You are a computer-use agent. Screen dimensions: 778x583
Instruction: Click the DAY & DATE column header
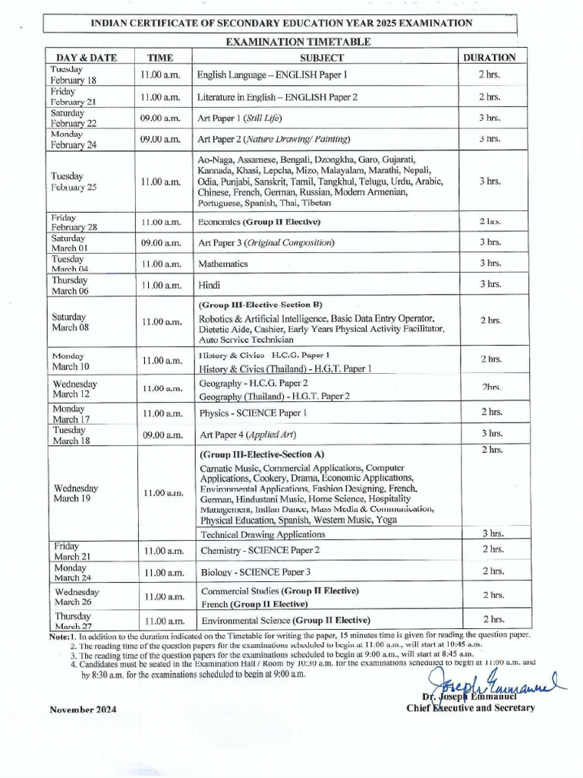[x=85, y=57]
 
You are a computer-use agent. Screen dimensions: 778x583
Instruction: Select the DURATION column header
[x=490, y=57]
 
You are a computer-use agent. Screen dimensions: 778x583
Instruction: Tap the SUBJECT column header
[x=322, y=57]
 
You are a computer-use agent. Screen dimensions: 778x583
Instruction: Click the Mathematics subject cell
[x=223, y=264]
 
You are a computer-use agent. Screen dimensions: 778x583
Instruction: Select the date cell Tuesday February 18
[x=73, y=74]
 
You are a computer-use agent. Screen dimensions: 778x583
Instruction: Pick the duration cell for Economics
[x=490, y=221]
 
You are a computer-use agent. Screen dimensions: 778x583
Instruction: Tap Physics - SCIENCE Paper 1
[x=254, y=413]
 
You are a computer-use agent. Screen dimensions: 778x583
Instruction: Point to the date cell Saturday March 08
[x=70, y=322]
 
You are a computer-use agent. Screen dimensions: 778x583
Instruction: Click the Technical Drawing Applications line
[x=263, y=534]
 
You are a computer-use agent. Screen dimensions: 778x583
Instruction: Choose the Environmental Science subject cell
[x=285, y=620]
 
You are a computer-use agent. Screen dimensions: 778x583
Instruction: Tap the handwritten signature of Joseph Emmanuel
[x=493, y=680]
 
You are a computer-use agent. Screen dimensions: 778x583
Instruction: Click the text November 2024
[x=84, y=710]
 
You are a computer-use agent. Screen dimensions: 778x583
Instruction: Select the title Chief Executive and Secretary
[x=471, y=708]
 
